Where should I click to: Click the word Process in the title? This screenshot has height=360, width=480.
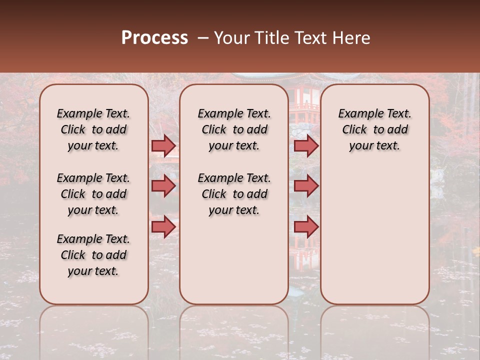(154, 38)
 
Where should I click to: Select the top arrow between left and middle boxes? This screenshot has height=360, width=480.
(163, 145)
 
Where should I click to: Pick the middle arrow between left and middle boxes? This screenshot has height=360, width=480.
(163, 186)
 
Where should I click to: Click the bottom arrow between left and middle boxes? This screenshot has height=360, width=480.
(163, 227)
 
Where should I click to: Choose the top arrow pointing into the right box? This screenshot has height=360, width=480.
(306, 145)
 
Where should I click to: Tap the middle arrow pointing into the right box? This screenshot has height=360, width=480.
(306, 186)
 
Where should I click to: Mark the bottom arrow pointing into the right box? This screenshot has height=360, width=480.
(306, 227)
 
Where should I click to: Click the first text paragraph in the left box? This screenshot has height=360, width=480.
(93, 129)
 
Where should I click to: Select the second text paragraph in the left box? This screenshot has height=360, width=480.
(93, 194)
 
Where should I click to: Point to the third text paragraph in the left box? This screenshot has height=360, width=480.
(93, 255)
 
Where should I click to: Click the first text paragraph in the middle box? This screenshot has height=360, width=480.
(234, 129)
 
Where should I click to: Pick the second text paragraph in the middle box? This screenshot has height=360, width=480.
(234, 194)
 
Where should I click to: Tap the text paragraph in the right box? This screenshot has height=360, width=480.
(374, 129)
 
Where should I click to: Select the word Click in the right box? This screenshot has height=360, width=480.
(354, 130)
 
